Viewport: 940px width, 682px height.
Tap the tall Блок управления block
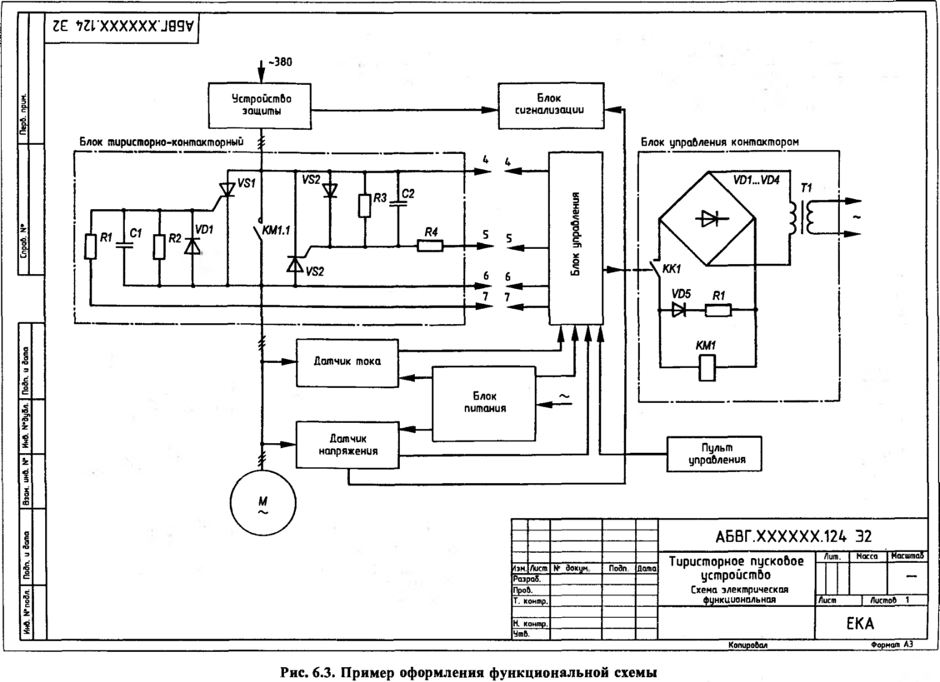pos(575,239)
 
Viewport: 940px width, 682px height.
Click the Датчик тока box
pos(347,363)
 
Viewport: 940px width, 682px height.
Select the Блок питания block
pos(482,402)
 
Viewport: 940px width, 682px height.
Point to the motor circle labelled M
pos(262,503)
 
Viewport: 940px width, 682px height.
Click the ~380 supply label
pos(280,62)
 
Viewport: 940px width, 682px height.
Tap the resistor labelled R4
pos(430,246)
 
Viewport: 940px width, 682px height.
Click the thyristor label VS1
pos(247,181)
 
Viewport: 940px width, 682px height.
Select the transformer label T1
pos(805,188)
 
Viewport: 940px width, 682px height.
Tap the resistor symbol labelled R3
pos(365,205)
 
